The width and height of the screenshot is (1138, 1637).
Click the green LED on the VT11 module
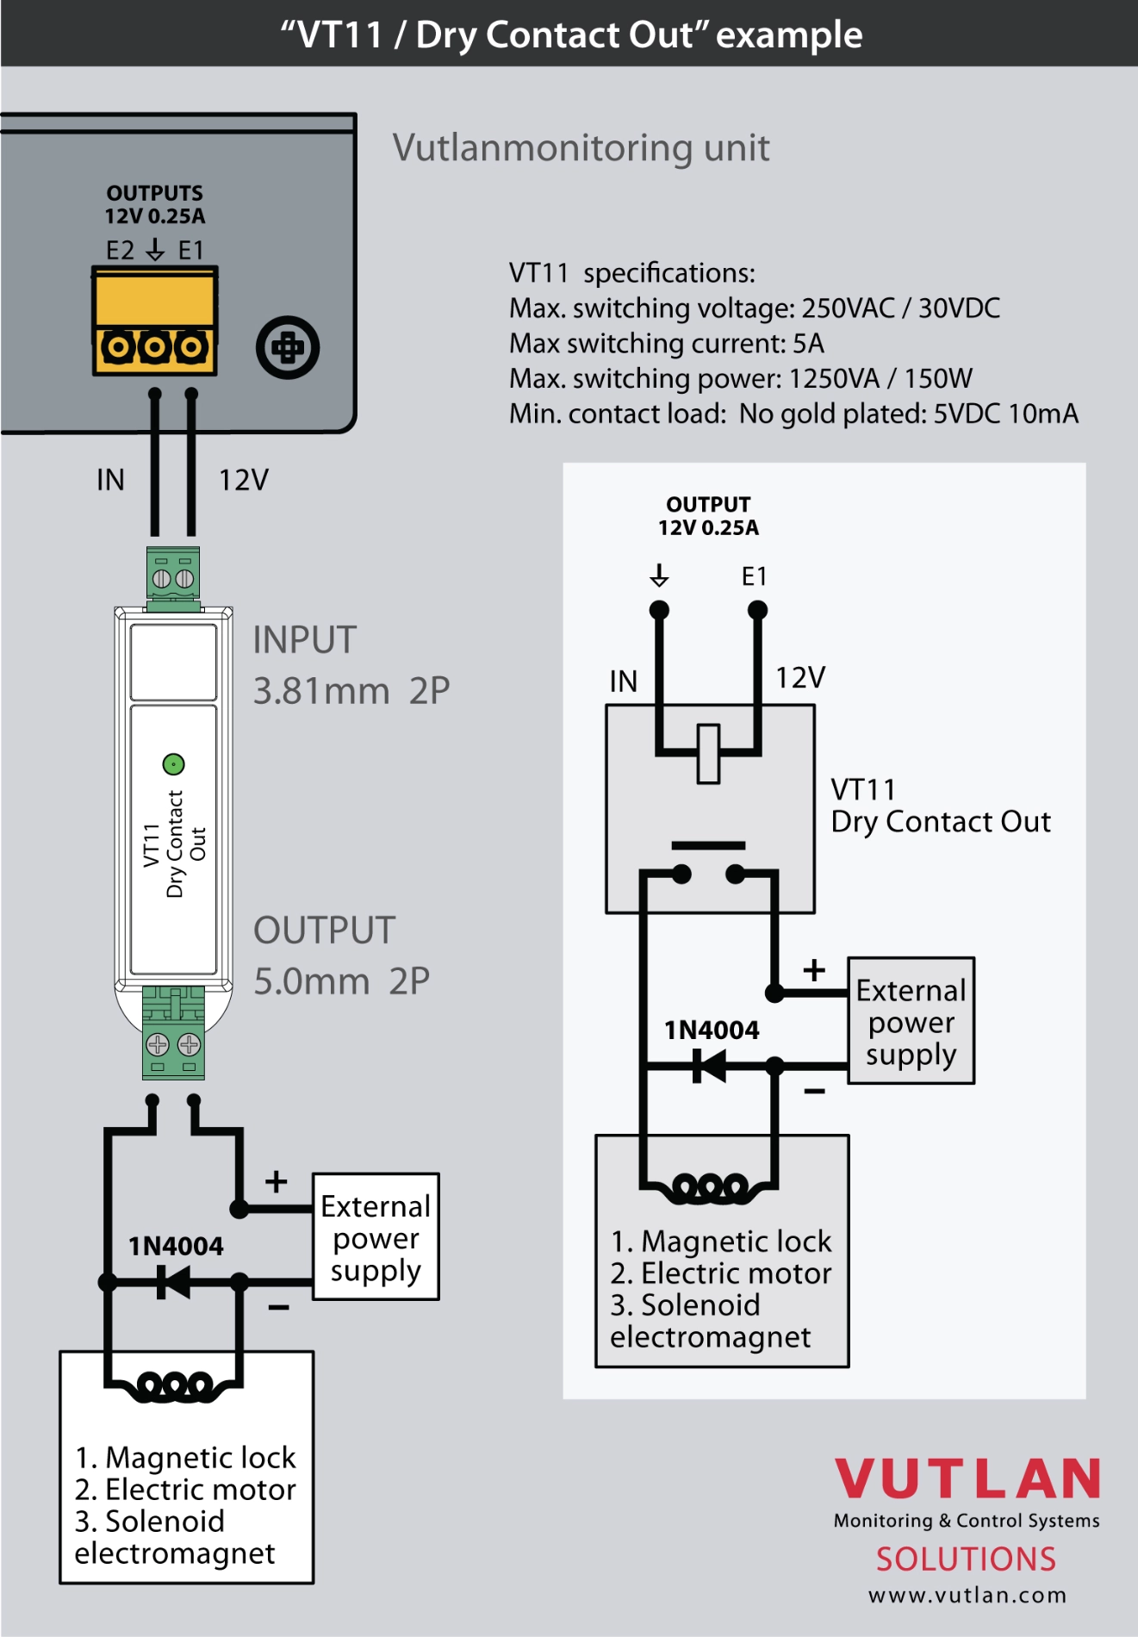click(173, 764)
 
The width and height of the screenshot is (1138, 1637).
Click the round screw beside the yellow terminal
click(288, 348)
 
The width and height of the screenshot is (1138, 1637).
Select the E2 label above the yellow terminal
click(121, 251)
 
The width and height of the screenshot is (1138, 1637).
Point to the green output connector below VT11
click(173, 1034)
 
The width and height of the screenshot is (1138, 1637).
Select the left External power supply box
click(376, 1237)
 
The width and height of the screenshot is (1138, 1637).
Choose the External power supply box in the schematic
click(911, 1021)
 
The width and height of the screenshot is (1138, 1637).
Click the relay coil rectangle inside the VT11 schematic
click(708, 754)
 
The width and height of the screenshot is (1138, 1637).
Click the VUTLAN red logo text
click(967, 1479)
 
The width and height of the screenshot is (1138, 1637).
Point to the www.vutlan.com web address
click(967, 1596)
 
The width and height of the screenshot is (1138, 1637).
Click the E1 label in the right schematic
click(755, 576)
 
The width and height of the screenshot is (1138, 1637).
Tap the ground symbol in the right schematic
click(659, 575)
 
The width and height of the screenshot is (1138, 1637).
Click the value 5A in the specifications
click(808, 344)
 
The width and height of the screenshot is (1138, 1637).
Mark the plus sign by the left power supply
click(276, 1181)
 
